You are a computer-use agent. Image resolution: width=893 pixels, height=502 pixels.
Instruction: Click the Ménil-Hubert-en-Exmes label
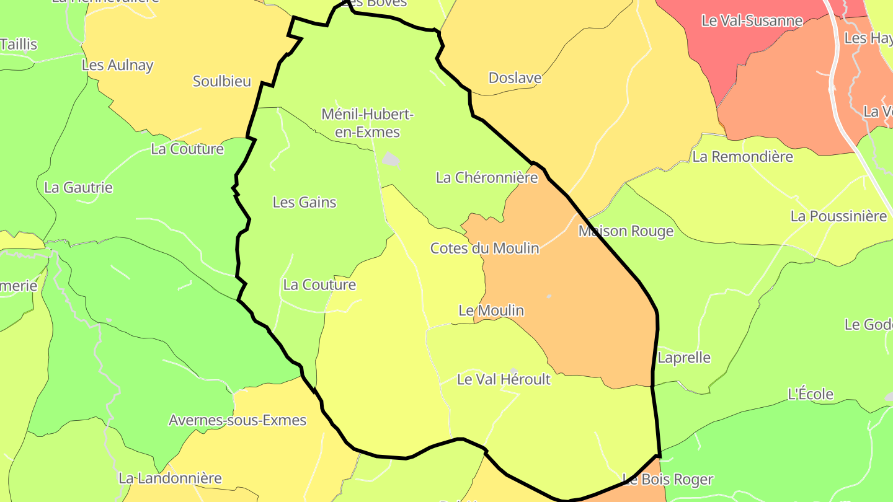point(368,123)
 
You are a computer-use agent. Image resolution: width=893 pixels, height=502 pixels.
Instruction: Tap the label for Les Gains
point(304,202)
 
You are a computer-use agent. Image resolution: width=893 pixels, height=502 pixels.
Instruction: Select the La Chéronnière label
point(487,177)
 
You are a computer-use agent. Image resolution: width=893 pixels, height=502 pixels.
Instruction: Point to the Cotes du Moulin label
point(485,248)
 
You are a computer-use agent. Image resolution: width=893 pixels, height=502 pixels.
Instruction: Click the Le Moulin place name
point(491,310)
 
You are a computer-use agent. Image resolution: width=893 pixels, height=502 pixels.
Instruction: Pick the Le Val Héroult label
point(504,379)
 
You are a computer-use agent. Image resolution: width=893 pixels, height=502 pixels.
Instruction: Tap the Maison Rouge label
point(626,231)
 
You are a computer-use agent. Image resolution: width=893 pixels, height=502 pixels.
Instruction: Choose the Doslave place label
point(515,78)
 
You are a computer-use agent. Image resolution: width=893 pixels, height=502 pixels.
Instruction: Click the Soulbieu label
point(222,81)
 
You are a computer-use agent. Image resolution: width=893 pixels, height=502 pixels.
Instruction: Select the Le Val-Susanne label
point(752,20)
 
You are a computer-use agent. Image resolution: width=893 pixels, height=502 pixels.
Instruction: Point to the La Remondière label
point(742,157)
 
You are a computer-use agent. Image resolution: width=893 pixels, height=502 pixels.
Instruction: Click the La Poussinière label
point(838,216)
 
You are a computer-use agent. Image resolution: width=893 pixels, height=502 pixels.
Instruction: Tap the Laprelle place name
point(684,358)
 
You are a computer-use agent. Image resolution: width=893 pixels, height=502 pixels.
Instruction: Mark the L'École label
point(810,394)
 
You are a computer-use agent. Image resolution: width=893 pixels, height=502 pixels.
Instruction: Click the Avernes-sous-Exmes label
point(238,420)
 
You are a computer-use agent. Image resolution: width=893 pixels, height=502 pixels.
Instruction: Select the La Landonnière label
point(170,478)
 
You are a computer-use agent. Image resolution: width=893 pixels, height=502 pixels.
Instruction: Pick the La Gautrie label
point(79,187)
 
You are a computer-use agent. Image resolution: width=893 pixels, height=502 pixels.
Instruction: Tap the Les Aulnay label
point(117,65)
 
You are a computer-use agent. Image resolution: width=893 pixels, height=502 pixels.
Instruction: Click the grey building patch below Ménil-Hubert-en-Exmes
point(390,160)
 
